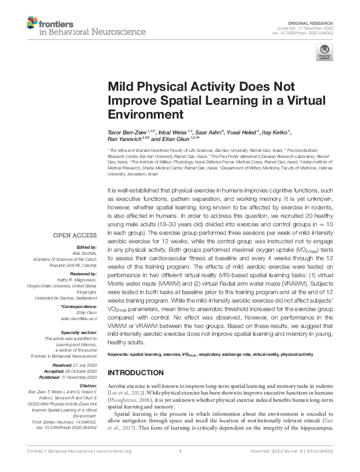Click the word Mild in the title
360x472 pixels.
pyautogui.click(x=120, y=87)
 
